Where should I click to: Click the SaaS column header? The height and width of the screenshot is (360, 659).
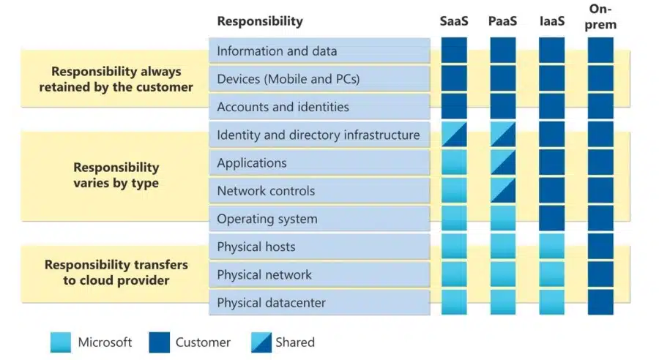(454, 21)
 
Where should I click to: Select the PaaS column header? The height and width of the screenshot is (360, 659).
(502, 21)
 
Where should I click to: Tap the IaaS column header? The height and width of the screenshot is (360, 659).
(551, 21)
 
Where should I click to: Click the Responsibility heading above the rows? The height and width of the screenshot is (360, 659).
(259, 21)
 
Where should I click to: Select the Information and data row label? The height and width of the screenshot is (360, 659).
(277, 51)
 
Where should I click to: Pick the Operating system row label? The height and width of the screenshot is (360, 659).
(267, 219)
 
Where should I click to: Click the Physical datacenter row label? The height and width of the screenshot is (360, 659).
(271, 302)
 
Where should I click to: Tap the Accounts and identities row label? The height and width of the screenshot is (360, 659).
(283, 107)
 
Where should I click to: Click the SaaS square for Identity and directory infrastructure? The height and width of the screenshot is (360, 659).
(454, 135)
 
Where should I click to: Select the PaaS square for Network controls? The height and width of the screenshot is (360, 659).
(502, 190)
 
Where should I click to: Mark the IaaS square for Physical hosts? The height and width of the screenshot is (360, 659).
(551, 247)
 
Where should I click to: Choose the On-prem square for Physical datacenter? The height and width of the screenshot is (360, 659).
(600, 302)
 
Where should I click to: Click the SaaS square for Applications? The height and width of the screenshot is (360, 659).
(454, 162)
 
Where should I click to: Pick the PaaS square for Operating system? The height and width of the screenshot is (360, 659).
(502, 219)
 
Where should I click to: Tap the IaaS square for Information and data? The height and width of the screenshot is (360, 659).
(551, 50)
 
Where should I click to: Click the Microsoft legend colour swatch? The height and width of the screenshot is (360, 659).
(61, 342)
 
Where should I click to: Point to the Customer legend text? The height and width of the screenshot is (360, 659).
(203, 342)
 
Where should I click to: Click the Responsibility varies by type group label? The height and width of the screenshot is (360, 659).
(116, 176)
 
